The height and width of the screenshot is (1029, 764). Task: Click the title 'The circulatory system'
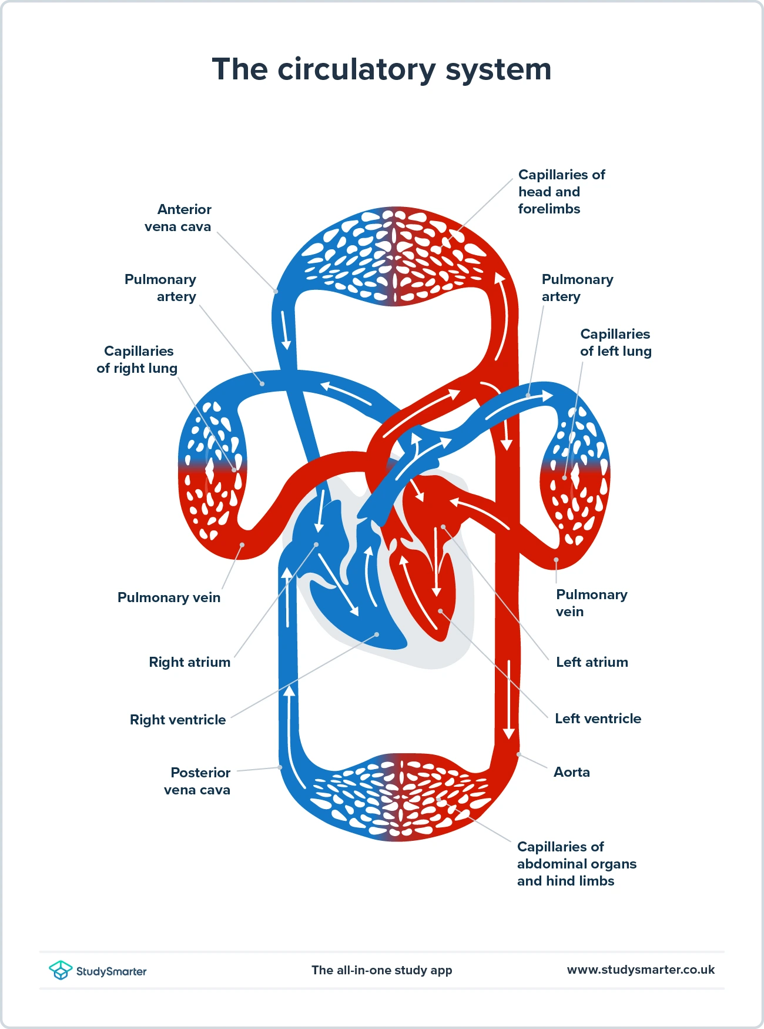[381, 69]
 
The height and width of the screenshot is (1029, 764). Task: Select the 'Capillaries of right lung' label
[138, 359]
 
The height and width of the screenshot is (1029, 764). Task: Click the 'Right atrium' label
[189, 662]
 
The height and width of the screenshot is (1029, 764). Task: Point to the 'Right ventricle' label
[177, 720]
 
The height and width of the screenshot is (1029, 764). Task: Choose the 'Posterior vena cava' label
[197, 781]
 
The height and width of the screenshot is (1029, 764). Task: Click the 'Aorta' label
[571, 772]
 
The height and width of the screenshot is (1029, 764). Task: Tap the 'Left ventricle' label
[598, 719]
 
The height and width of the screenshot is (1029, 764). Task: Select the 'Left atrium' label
[592, 662]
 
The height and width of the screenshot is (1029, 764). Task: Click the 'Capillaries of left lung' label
[615, 342]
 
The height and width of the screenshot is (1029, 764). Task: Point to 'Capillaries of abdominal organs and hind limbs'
[576, 864]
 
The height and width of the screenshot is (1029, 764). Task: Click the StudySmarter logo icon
[60, 970]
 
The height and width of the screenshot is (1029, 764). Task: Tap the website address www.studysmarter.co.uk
[641, 970]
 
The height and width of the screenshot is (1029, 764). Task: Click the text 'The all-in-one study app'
[381, 970]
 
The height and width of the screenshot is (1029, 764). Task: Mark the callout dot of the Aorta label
[518, 754]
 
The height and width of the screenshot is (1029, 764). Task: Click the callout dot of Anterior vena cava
[276, 291]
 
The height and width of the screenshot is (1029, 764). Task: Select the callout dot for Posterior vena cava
[280, 767]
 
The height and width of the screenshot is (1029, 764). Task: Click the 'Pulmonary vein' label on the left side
[169, 597]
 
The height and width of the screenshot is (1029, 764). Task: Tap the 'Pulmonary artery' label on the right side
[577, 288]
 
